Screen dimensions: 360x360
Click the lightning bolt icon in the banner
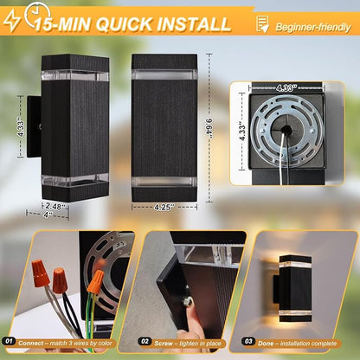point(11,20)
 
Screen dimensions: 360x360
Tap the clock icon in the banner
point(37,15)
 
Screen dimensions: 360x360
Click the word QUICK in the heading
point(125,24)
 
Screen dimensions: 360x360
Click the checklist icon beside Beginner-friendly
point(262,23)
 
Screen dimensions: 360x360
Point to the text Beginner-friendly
point(313,28)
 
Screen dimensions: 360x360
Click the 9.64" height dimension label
point(209,128)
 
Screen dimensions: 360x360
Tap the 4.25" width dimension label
point(164,207)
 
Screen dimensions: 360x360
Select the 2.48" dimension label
point(55,206)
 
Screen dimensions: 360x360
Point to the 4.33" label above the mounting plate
point(286,87)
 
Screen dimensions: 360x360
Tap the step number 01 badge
point(10,341)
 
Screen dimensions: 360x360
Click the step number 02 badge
point(145,342)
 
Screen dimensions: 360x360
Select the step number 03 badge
point(248,342)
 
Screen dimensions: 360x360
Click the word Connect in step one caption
point(31,344)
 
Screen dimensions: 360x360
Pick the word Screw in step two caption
point(164,344)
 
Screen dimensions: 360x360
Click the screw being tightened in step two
point(188,302)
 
